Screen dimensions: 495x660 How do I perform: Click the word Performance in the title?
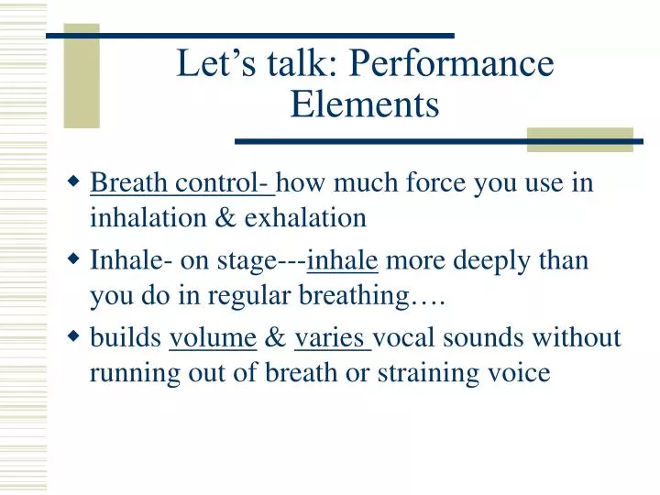(452, 65)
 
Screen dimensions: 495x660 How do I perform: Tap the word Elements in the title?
(365, 105)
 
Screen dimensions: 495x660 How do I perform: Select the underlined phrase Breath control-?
(181, 183)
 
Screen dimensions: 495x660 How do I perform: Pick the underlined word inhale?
(343, 260)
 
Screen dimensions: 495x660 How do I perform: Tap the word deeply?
(496, 260)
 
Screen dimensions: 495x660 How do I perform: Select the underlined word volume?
(213, 338)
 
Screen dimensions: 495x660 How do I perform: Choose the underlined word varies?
(331, 338)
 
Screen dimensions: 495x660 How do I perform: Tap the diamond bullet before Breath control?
(75, 181)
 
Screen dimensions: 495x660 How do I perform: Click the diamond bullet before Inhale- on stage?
(75, 259)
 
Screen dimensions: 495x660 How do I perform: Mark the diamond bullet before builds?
(75, 337)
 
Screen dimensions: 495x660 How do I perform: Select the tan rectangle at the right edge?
(579, 139)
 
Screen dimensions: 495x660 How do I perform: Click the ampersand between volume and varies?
(275, 338)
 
